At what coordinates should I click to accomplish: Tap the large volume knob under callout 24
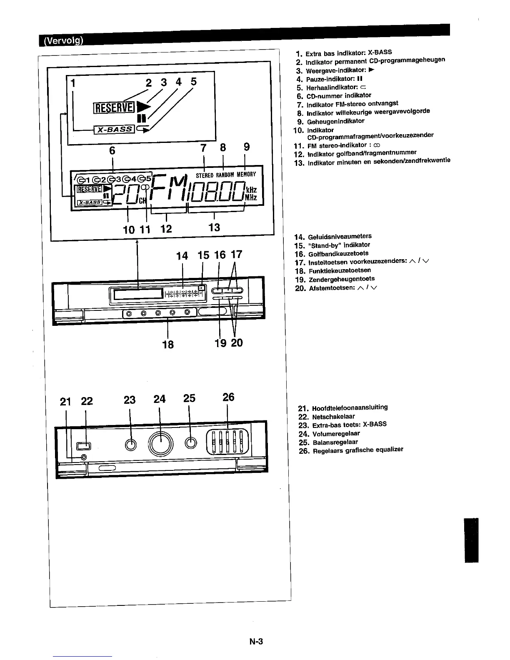(160, 443)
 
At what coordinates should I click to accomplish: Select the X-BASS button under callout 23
(130, 444)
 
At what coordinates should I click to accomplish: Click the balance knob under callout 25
(191, 443)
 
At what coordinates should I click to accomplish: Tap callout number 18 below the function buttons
(168, 344)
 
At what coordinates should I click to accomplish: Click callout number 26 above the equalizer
(228, 397)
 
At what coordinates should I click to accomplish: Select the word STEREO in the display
(205, 175)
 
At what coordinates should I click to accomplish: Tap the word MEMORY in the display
(246, 175)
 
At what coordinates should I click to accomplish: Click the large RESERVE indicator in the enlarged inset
(114, 108)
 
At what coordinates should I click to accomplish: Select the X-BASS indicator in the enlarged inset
(114, 130)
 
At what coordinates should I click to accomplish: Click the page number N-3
(255, 642)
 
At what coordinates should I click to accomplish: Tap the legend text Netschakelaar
(333, 417)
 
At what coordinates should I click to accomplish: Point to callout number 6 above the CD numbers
(112, 150)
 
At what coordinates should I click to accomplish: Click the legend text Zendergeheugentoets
(342, 279)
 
